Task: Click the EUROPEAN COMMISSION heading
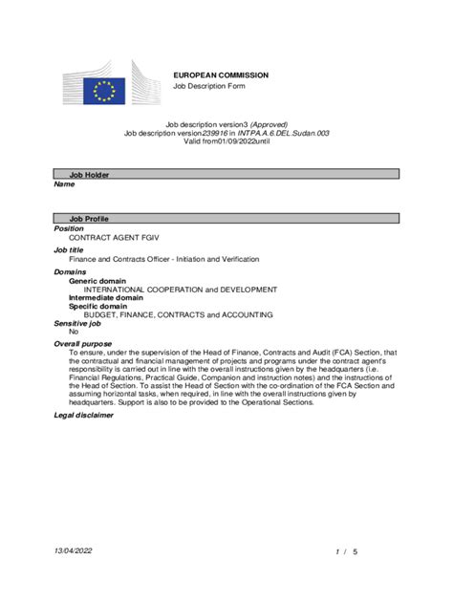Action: [x=220, y=75]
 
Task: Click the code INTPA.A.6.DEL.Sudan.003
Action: [x=285, y=133]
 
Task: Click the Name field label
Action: [x=64, y=184]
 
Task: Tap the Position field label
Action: [x=69, y=229]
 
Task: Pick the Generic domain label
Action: [x=100, y=281]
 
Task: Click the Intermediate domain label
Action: [x=108, y=297]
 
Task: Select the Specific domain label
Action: [x=101, y=306]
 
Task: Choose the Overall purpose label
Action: [x=83, y=342]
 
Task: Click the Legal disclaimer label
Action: [x=84, y=415]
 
